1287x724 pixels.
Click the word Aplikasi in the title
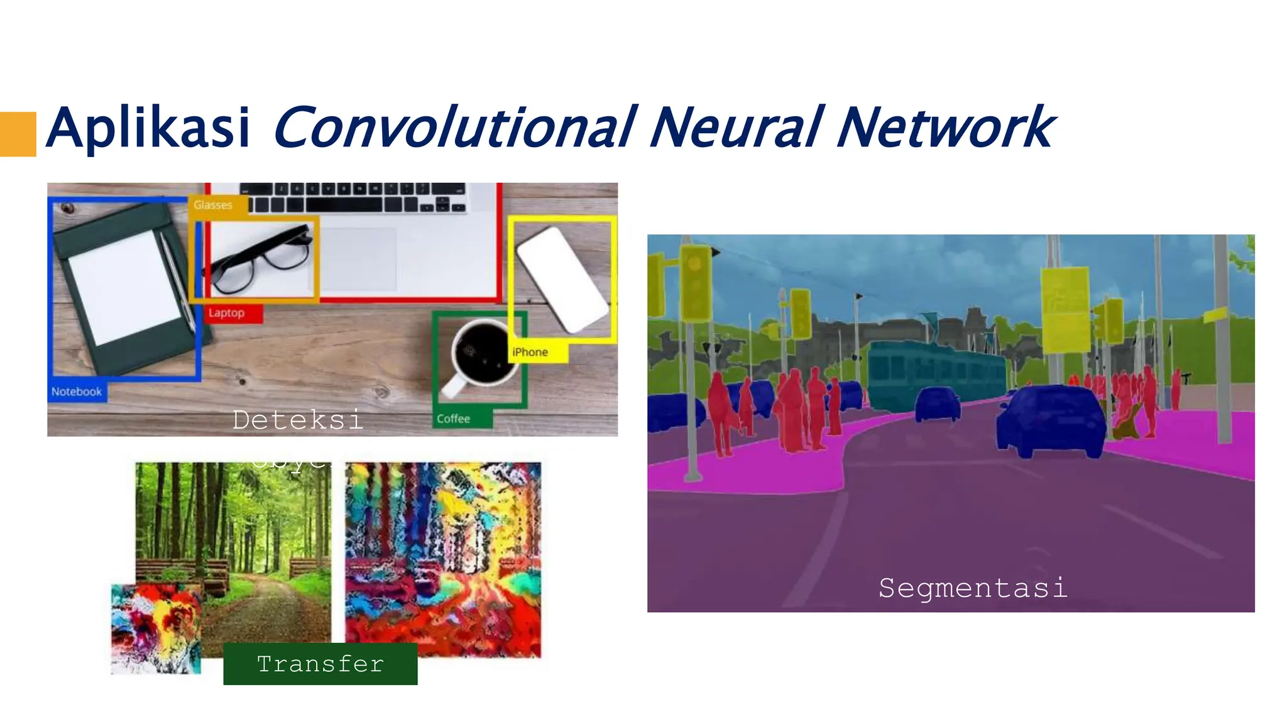[148, 128]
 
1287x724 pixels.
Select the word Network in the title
[945, 128]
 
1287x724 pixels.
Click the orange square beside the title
[18, 134]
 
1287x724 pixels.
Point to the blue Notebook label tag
[77, 392]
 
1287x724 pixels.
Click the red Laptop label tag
[227, 313]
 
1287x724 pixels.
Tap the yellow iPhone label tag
[531, 352]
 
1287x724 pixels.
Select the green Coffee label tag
[454, 419]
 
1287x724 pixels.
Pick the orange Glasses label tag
[213, 205]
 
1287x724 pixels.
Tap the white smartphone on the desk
[562, 278]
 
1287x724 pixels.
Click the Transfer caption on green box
[320, 664]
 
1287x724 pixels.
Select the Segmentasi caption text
[973, 588]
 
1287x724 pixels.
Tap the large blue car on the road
[1051, 420]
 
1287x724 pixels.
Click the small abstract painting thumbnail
[156, 628]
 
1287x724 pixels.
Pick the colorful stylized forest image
[443, 559]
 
